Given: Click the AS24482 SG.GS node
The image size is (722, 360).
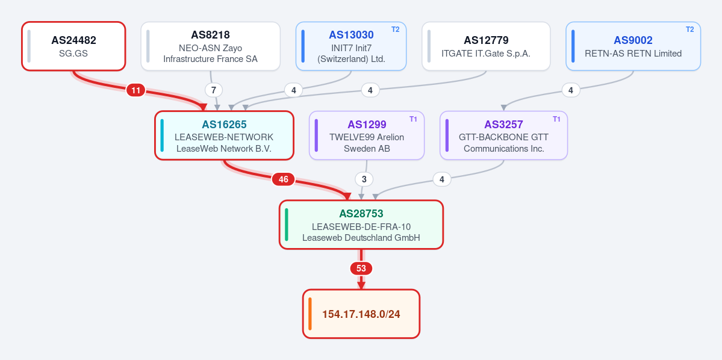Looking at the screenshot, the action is pos(73,46).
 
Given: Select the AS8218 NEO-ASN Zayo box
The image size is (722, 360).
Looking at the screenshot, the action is pos(210,46).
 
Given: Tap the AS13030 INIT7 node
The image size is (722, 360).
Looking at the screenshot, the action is pos(351,46).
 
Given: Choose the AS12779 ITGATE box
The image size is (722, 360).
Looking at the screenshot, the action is pos(486,46).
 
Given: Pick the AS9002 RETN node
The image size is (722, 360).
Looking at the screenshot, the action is pos(633,46).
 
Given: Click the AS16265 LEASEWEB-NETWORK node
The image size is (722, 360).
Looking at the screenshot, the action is pos(224,135).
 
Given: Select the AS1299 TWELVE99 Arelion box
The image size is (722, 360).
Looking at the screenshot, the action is pos(367,135).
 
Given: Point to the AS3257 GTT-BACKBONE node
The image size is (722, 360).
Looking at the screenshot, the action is pos(504,135).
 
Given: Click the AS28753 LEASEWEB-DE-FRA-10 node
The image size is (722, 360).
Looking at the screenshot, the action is pos(361,225).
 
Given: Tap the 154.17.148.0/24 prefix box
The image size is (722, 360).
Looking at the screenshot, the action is pos(361,314).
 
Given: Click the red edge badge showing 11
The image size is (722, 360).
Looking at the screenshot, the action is pos(135,91).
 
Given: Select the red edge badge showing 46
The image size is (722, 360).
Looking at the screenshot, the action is pos(283,179).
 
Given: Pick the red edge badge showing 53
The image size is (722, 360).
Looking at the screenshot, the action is pos(361,268).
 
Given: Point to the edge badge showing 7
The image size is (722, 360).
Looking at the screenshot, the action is pos(213,90).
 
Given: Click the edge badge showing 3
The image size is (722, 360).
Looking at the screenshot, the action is pos(364,179).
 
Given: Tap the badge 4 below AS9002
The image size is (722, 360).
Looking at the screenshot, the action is pos(571,90).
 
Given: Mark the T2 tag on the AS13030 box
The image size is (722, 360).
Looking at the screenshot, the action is pos(396,29).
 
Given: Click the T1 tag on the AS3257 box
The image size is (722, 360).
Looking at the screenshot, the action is pos(556,119).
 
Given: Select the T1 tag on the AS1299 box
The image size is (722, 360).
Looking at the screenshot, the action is pos(413,119).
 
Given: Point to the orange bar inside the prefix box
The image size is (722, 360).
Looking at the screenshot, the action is pos(310,314).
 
